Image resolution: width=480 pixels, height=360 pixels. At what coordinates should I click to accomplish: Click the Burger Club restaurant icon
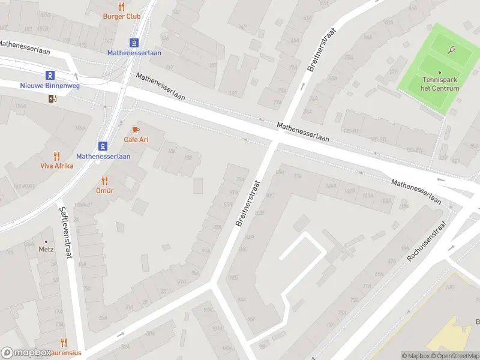[x=122, y=7]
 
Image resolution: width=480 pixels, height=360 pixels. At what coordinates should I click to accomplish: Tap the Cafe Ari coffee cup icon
[x=136, y=130]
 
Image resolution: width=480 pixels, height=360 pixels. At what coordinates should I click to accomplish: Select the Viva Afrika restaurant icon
[x=57, y=156]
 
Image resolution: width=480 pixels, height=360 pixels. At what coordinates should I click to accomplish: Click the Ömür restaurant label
[x=104, y=190]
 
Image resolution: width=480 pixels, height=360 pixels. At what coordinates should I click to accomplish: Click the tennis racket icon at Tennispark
[x=452, y=50]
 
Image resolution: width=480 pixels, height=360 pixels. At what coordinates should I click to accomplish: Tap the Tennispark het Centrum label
[x=440, y=84]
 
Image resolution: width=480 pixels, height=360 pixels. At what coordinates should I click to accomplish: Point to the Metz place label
[x=46, y=249]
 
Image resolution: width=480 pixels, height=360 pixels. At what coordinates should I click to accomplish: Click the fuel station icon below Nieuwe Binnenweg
[x=52, y=99]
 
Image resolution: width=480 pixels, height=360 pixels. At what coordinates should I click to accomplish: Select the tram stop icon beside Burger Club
[x=134, y=43]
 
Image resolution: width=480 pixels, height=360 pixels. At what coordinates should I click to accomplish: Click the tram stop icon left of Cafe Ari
[x=103, y=146]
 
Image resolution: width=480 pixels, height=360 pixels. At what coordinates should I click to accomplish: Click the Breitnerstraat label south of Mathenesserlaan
[x=247, y=203]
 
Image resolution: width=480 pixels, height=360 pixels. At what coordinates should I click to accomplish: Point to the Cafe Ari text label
[x=136, y=140]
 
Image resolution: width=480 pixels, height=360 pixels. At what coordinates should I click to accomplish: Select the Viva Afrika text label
[x=57, y=166]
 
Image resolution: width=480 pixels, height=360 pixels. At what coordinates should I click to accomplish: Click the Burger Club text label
[x=122, y=17]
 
